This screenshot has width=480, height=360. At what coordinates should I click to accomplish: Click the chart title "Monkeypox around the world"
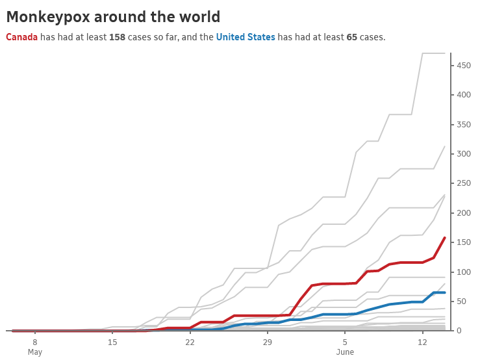tap(113, 18)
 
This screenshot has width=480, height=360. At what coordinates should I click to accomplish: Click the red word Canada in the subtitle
tap(21, 38)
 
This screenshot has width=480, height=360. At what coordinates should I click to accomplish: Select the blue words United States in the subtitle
tap(246, 38)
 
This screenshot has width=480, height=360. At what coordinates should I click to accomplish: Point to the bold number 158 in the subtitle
tap(117, 38)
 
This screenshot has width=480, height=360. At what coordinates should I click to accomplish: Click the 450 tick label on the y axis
tap(464, 65)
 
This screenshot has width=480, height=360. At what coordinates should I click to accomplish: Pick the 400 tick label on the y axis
tap(464, 95)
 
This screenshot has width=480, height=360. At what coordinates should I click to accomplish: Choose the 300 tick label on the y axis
tap(464, 154)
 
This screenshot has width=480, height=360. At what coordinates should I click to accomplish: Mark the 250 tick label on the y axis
tap(464, 183)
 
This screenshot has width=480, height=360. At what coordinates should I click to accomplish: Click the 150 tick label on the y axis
tap(464, 242)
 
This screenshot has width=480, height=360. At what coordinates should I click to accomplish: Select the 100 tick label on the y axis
tap(464, 272)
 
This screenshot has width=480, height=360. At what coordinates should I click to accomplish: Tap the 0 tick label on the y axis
tap(460, 331)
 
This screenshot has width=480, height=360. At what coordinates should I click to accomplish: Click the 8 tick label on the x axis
tap(35, 342)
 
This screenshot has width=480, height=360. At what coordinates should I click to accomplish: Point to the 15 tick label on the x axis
tap(112, 342)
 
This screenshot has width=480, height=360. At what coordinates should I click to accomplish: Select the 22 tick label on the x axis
tap(190, 342)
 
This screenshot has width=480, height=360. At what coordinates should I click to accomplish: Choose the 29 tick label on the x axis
tap(267, 342)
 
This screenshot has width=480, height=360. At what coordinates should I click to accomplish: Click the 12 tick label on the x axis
tap(422, 342)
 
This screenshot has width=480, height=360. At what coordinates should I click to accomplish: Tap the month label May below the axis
tap(35, 352)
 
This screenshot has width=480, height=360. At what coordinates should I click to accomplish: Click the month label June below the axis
tap(345, 352)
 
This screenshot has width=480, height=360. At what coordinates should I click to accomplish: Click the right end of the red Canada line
tap(445, 238)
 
